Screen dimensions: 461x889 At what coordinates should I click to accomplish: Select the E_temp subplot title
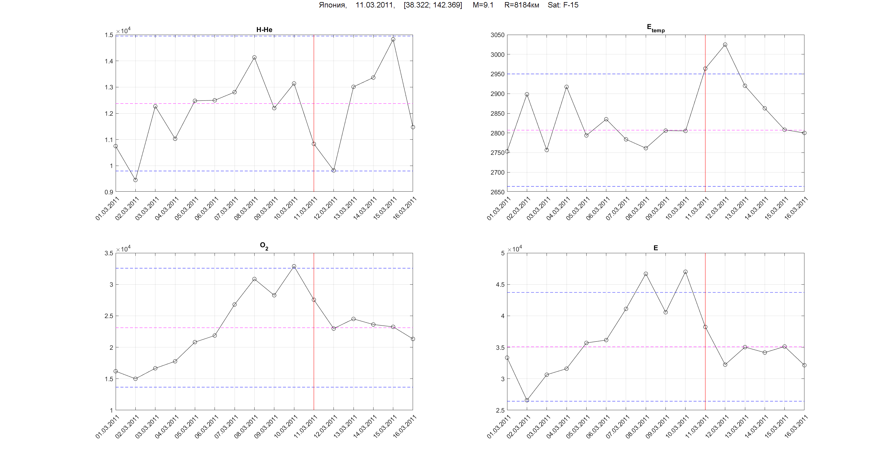point(655,28)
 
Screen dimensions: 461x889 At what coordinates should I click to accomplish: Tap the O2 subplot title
point(264,246)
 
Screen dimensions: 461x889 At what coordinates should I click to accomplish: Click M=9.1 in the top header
point(483,5)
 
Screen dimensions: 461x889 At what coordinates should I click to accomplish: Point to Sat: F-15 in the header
point(563,5)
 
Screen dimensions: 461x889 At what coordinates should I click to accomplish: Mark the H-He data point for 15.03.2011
point(393,39)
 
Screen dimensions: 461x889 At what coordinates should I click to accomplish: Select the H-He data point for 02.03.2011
point(135,180)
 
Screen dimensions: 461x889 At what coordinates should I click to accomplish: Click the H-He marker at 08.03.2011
point(254,57)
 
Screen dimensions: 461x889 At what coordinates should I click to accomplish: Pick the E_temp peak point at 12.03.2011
point(725,45)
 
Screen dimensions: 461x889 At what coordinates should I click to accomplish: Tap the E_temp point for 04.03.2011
point(566,87)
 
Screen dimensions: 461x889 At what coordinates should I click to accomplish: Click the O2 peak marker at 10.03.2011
point(294,266)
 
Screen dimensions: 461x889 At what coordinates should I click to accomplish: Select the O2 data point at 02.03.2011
point(135,379)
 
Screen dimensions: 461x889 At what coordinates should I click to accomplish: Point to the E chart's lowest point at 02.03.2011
point(527,400)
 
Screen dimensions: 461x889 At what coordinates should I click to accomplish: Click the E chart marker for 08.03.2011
point(646,274)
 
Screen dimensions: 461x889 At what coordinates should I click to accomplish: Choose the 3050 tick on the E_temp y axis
point(497,35)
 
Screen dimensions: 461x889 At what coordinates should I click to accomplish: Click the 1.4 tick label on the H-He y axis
point(109,61)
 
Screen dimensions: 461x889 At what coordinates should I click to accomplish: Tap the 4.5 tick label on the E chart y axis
point(500,285)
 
